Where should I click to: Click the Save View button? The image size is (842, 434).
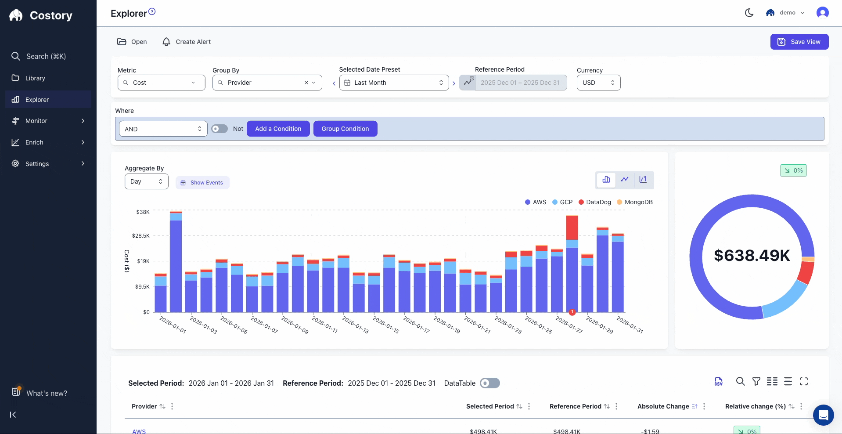799,42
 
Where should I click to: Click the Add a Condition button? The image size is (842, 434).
278,129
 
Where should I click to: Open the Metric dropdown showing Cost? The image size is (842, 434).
161,83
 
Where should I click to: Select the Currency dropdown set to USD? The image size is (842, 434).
598,83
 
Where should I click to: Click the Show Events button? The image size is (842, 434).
202,183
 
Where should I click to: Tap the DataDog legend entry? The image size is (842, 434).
595,202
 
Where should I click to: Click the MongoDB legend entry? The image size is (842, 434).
635,202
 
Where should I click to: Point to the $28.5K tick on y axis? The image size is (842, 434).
141,236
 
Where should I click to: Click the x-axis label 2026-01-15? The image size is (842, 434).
386,325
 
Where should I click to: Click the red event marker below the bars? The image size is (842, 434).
572,312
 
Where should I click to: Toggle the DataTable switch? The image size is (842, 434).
489,383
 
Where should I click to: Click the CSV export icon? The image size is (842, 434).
718,381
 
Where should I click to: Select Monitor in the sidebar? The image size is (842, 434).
36,121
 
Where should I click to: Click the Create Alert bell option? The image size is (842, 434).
186,42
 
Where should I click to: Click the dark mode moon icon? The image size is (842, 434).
749,13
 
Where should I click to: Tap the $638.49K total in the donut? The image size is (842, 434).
752,255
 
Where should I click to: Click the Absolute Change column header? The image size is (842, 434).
663,406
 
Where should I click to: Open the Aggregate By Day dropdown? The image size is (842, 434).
146,181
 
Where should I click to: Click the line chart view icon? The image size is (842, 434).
624,180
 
